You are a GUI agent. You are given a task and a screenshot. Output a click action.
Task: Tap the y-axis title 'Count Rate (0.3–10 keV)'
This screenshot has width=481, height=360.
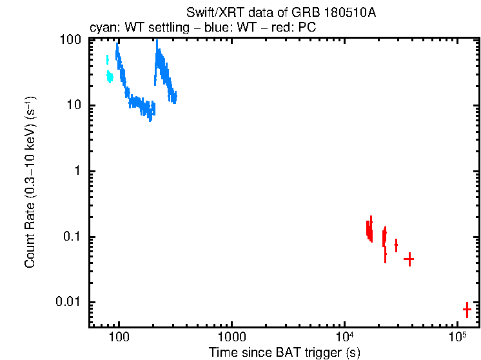(30, 183)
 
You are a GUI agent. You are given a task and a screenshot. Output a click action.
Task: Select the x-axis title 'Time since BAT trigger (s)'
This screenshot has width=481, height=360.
(284, 352)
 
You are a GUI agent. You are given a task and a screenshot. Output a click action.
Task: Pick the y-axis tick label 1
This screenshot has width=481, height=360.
(77, 171)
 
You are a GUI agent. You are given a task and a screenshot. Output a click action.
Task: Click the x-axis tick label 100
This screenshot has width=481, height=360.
(119, 336)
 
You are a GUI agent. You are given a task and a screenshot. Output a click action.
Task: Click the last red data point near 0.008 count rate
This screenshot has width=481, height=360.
(467, 310)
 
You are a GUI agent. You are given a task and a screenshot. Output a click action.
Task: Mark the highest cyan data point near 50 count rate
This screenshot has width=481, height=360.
(107, 60)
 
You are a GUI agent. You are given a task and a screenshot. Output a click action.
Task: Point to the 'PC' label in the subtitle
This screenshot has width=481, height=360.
(306, 28)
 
